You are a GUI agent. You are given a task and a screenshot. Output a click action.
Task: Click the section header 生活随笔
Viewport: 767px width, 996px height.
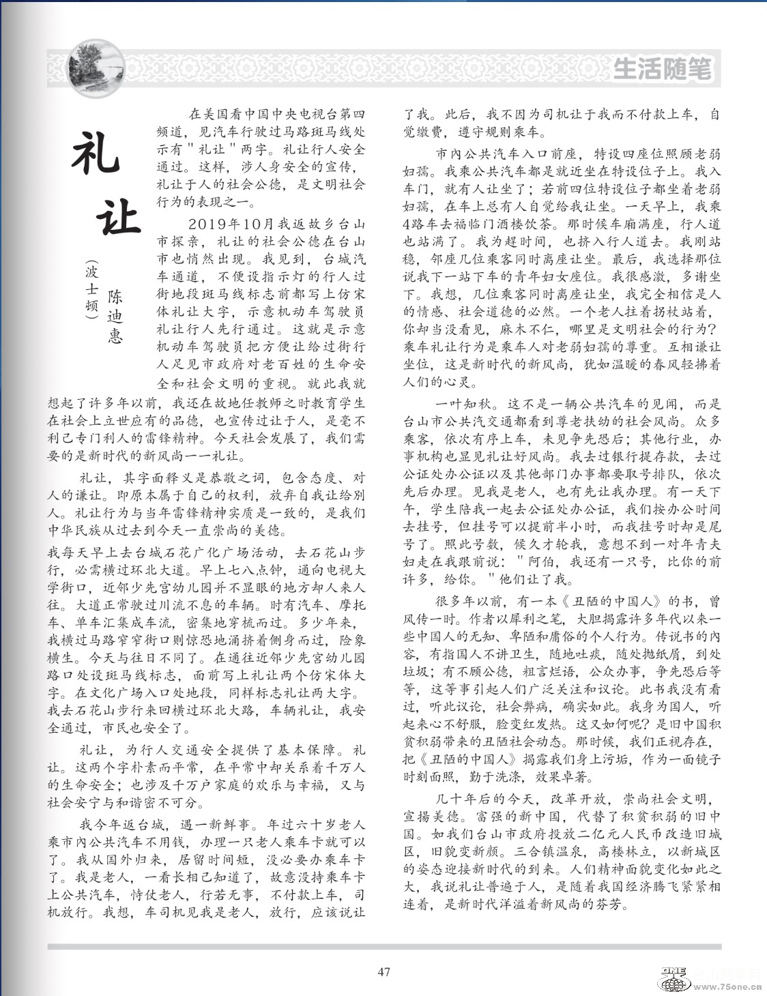pyautogui.click(x=662, y=70)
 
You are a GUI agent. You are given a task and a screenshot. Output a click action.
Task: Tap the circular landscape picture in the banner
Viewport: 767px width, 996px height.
pyautogui.click(x=97, y=69)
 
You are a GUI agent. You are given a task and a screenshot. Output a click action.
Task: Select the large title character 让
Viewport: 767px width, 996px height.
pyautogui.click(x=117, y=216)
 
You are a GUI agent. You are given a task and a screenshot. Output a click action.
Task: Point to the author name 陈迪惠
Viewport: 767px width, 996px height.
pyautogui.click(x=115, y=315)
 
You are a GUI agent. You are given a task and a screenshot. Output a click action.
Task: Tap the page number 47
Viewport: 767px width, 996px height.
pyautogui.click(x=383, y=971)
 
